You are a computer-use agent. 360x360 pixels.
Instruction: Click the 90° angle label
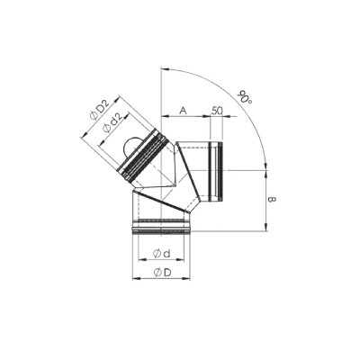coord(244,96)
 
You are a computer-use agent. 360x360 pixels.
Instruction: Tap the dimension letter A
coord(184,111)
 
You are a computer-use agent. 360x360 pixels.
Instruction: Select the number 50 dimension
coord(217,111)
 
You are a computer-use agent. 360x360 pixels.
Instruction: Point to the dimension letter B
coord(272,200)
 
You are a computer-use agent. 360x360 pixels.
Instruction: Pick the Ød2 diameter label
coord(112,124)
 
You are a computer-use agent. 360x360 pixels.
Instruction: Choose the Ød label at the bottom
coord(161,254)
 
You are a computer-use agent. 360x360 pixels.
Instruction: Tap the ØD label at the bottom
coord(162,273)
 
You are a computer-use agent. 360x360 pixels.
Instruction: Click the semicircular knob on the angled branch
coord(131,146)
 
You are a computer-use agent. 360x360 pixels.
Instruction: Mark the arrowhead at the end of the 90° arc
coord(266,166)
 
